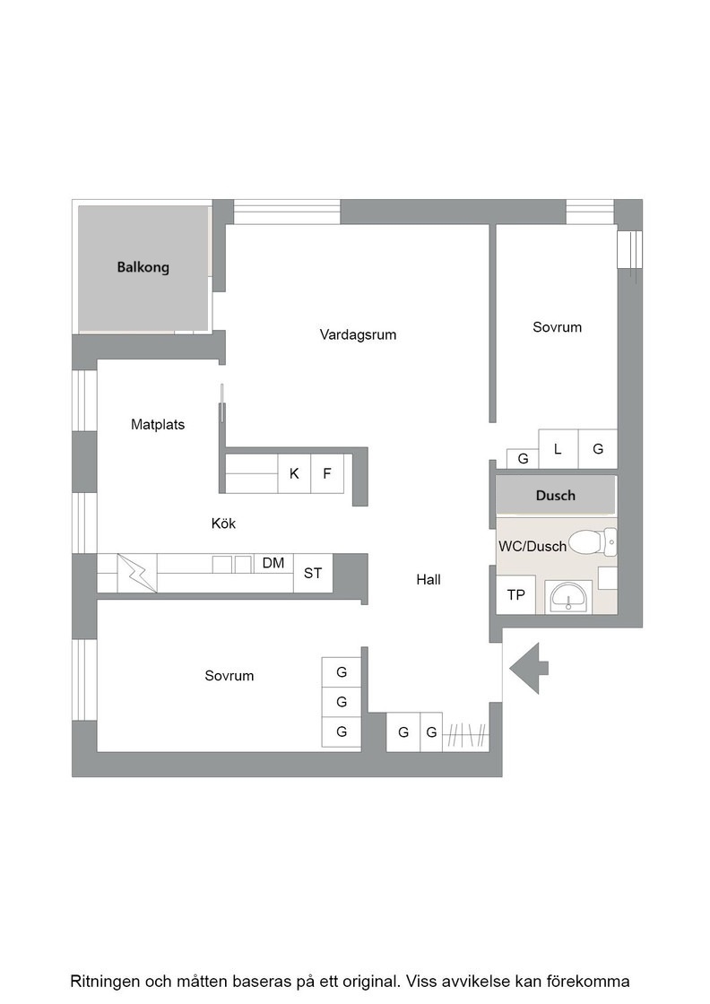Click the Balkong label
click(143, 267)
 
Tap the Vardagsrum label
click(358, 334)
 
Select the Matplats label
click(158, 424)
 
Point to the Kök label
click(223, 524)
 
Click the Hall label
click(429, 579)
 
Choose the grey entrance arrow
click(530, 668)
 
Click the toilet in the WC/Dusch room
click(593, 542)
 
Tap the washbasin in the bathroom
click(567, 597)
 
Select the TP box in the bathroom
click(515, 595)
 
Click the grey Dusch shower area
click(556, 495)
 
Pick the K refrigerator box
click(294, 473)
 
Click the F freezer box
click(327, 473)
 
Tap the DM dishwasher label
click(273, 563)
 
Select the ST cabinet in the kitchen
click(313, 573)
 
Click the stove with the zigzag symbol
click(137, 573)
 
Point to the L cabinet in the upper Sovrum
click(558, 449)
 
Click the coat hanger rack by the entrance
click(465, 734)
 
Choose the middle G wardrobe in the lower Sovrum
click(342, 702)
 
